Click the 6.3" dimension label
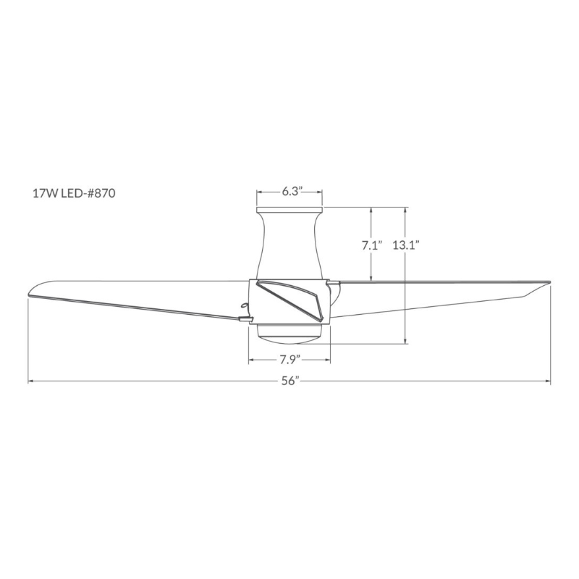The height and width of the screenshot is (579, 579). tap(292, 192)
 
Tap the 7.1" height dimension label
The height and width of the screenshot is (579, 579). tap(372, 245)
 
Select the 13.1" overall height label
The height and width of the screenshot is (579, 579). tap(406, 245)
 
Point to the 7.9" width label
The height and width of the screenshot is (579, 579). tap(289, 359)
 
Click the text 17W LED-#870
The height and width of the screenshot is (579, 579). tap(75, 193)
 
